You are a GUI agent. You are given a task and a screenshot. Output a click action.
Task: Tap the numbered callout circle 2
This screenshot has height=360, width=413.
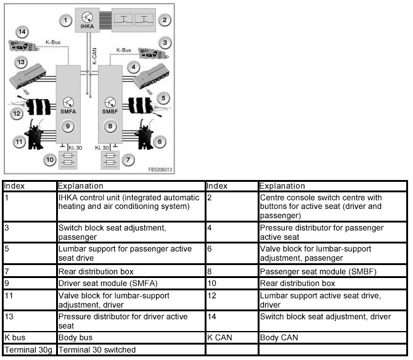click(165, 20)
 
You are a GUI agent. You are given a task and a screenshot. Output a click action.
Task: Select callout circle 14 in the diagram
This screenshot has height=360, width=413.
click(23, 31)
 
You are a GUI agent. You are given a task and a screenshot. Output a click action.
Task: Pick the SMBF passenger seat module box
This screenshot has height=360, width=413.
click(111, 105)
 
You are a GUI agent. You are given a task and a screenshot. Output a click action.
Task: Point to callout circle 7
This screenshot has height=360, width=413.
click(128, 160)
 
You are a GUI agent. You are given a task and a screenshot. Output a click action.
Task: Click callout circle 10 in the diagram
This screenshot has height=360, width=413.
click(50, 160)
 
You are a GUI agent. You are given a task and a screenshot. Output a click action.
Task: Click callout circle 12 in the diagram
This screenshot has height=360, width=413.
click(17, 113)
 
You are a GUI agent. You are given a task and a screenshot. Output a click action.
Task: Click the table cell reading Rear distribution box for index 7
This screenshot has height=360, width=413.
click(130, 271)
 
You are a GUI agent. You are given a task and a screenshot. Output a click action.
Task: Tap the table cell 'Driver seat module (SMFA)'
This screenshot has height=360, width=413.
click(130, 284)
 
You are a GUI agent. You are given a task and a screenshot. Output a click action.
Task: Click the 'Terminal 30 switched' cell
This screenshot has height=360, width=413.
click(130, 350)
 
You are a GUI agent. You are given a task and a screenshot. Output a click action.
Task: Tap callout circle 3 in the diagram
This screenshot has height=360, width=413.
click(163, 43)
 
